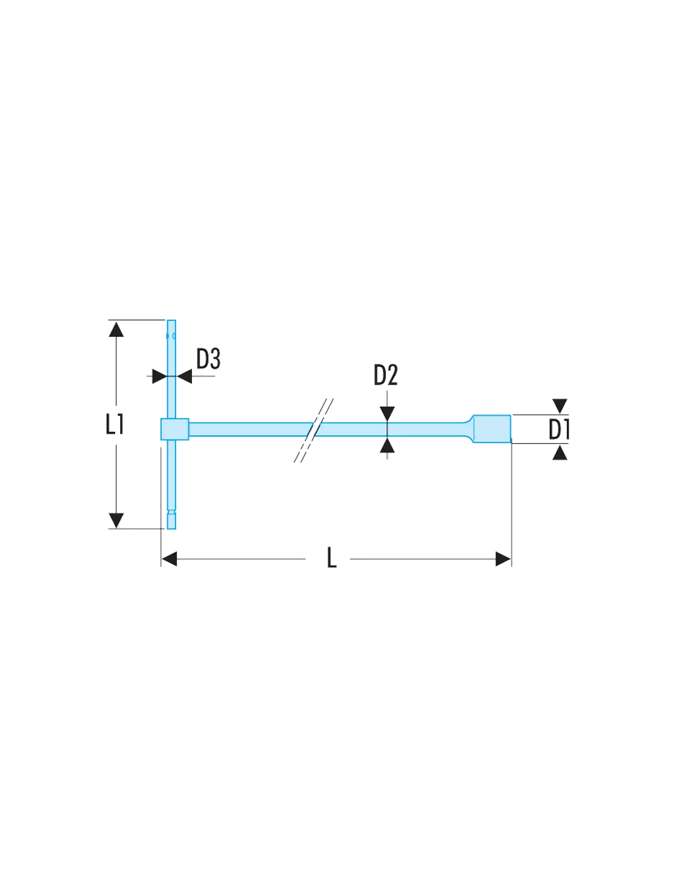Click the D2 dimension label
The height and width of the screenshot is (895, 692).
pyautogui.click(x=385, y=374)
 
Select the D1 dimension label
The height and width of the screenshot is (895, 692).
pyautogui.click(x=559, y=429)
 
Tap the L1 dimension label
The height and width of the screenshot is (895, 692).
pyautogui.click(x=115, y=424)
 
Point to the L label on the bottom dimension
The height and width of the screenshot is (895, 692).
pyautogui.click(x=332, y=558)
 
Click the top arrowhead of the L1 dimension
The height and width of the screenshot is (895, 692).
pyautogui.click(x=116, y=330)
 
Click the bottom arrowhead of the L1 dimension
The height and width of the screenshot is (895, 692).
pyautogui.click(x=116, y=521)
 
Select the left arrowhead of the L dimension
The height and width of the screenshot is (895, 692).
pyautogui.click(x=169, y=559)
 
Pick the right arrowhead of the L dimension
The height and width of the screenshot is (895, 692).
pyautogui.click(x=503, y=559)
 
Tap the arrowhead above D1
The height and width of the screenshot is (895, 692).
pyautogui.click(x=560, y=406)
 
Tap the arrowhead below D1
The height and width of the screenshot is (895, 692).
pyautogui.click(x=560, y=453)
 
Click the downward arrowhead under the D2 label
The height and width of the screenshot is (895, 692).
pyautogui.click(x=388, y=414)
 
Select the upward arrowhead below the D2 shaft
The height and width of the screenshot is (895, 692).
pyautogui.click(x=388, y=445)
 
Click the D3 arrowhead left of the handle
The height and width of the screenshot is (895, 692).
pyautogui.click(x=159, y=376)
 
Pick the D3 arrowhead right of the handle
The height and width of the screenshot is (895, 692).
pyautogui.click(x=184, y=376)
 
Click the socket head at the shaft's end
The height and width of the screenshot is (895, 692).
pyautogui.click(x=492, y=429)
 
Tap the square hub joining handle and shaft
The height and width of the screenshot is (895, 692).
pyautogui.click(x=174, y=429)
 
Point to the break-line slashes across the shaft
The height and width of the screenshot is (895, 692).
pyautogui.click(x=314, y=430)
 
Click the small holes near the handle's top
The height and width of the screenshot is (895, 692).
pyautogui.click(x=171, y=336)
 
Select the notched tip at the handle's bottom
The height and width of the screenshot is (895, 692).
pyautogui.click(x=171, y=520)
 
